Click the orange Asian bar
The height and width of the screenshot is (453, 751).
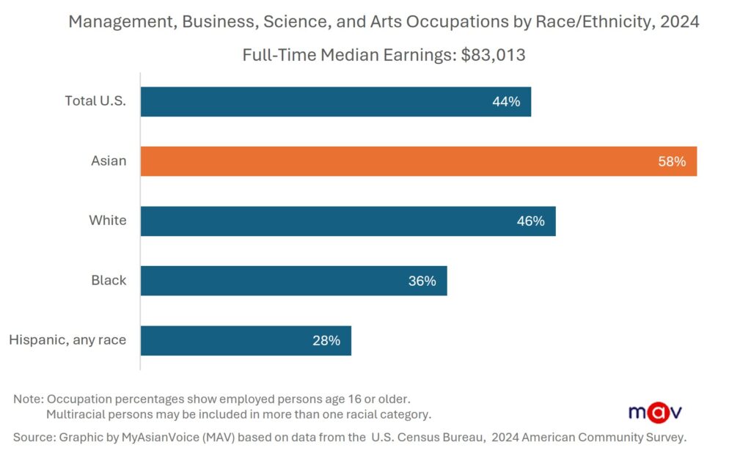418,161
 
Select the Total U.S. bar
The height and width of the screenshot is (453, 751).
335,102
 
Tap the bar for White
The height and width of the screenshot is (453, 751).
348,221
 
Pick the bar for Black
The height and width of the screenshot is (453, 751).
293,281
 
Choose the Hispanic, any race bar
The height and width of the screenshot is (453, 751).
246,341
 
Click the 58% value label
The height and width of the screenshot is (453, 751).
672,161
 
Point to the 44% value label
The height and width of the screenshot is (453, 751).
506,102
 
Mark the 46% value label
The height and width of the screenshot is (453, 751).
530,221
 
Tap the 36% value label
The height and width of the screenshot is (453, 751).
422,281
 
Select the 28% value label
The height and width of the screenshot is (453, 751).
326,341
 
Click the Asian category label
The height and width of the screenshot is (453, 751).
109,161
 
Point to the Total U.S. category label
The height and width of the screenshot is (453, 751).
95,101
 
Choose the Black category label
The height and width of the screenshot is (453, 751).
109,280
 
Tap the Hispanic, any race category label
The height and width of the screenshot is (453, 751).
67,340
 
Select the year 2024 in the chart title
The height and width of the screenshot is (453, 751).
679,22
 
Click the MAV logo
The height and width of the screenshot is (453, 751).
655,412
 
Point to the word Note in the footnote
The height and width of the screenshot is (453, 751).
27,399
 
